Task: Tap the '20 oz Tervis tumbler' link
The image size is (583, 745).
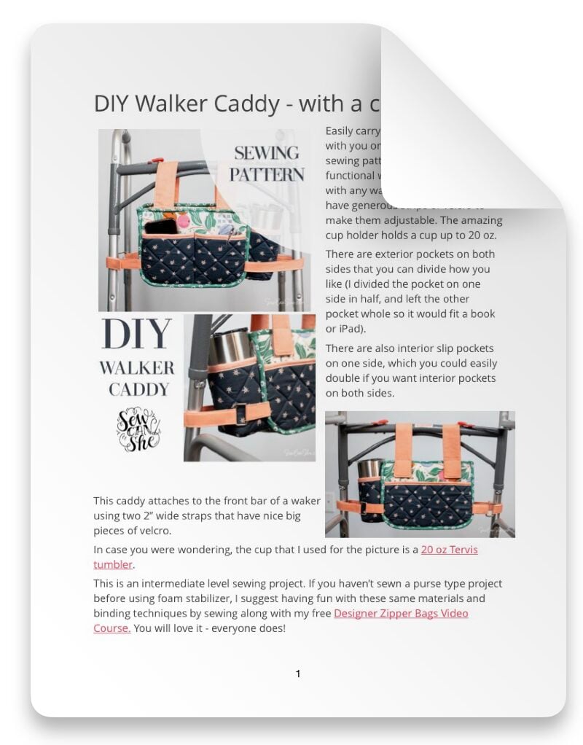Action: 448,550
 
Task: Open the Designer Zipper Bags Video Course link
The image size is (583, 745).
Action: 401,613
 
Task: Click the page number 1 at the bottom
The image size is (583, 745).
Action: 298,674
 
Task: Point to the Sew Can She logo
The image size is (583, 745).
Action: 138,429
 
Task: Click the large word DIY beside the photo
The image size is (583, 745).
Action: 137,335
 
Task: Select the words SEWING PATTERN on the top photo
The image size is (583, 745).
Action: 267,164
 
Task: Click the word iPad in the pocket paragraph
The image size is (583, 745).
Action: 346,329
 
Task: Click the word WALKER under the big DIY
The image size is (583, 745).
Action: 137,368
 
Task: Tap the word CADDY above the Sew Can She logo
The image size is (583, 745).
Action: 138,389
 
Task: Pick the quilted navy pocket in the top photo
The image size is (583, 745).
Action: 194,260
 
